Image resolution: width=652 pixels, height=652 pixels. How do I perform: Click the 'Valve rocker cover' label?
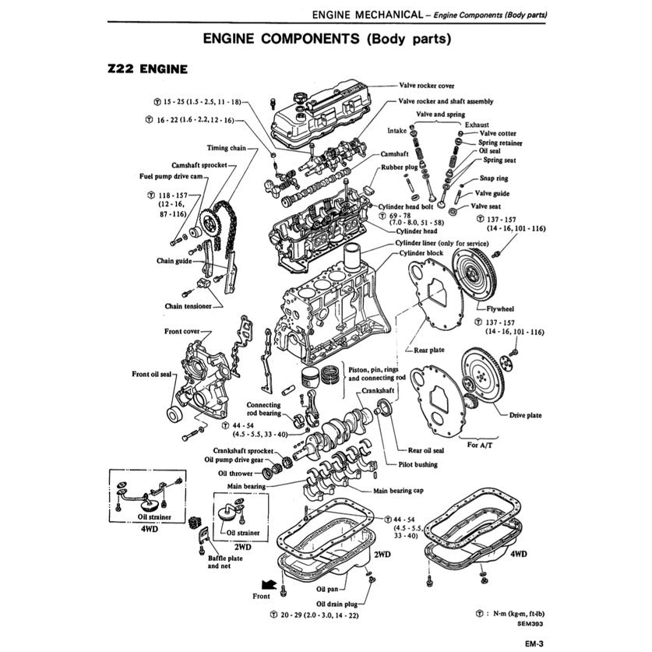(426, 86)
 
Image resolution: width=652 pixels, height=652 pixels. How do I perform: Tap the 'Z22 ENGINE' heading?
(148, 69)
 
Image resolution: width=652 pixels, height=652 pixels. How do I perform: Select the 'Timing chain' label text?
(227, 147)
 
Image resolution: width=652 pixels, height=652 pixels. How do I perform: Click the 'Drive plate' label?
(525, 415)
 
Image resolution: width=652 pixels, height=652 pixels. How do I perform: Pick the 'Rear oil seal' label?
(426, 449)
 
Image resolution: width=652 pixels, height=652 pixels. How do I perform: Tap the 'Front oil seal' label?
(151, 374)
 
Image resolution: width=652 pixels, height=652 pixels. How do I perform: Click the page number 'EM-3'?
(533, 643)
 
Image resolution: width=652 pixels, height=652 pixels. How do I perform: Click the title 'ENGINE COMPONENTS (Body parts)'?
(326, 38)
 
